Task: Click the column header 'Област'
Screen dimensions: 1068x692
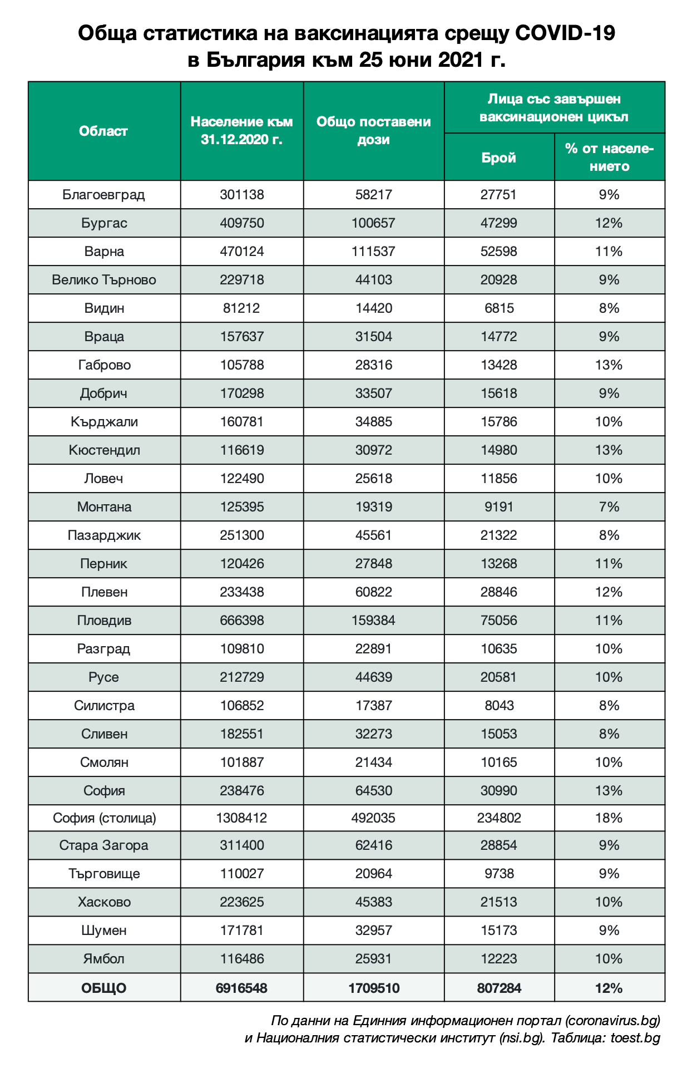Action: click(103, 131)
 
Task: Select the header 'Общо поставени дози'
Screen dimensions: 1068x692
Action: click(373, 131)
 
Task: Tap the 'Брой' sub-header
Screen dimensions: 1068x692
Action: click(498, 158)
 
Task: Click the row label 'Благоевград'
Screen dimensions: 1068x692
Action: click(103, 195)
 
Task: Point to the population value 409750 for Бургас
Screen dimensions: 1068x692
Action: click(241, 223)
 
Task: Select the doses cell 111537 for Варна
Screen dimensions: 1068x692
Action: click(373, 252)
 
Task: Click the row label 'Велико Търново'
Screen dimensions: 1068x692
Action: click(103, 280)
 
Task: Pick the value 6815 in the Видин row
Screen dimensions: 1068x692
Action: click(498, 308)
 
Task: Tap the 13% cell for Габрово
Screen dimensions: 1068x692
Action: click(609, 365)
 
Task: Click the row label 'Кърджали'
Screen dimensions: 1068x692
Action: click(103, 422)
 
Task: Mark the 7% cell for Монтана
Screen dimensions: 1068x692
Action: click(609, 507)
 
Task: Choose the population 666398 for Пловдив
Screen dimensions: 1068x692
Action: click(241, 621)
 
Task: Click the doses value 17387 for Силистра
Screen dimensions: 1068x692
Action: click(373, 706)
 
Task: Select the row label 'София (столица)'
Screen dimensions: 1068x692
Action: click(104, 818)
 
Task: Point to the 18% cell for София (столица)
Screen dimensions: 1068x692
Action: click(609, 818)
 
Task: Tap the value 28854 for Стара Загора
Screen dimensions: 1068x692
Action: click(498, 845)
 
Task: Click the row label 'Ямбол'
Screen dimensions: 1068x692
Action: click(103, 959)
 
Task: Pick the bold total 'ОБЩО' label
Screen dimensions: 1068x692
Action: click(103, 988)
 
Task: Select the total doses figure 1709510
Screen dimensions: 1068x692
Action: click(373, 988)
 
